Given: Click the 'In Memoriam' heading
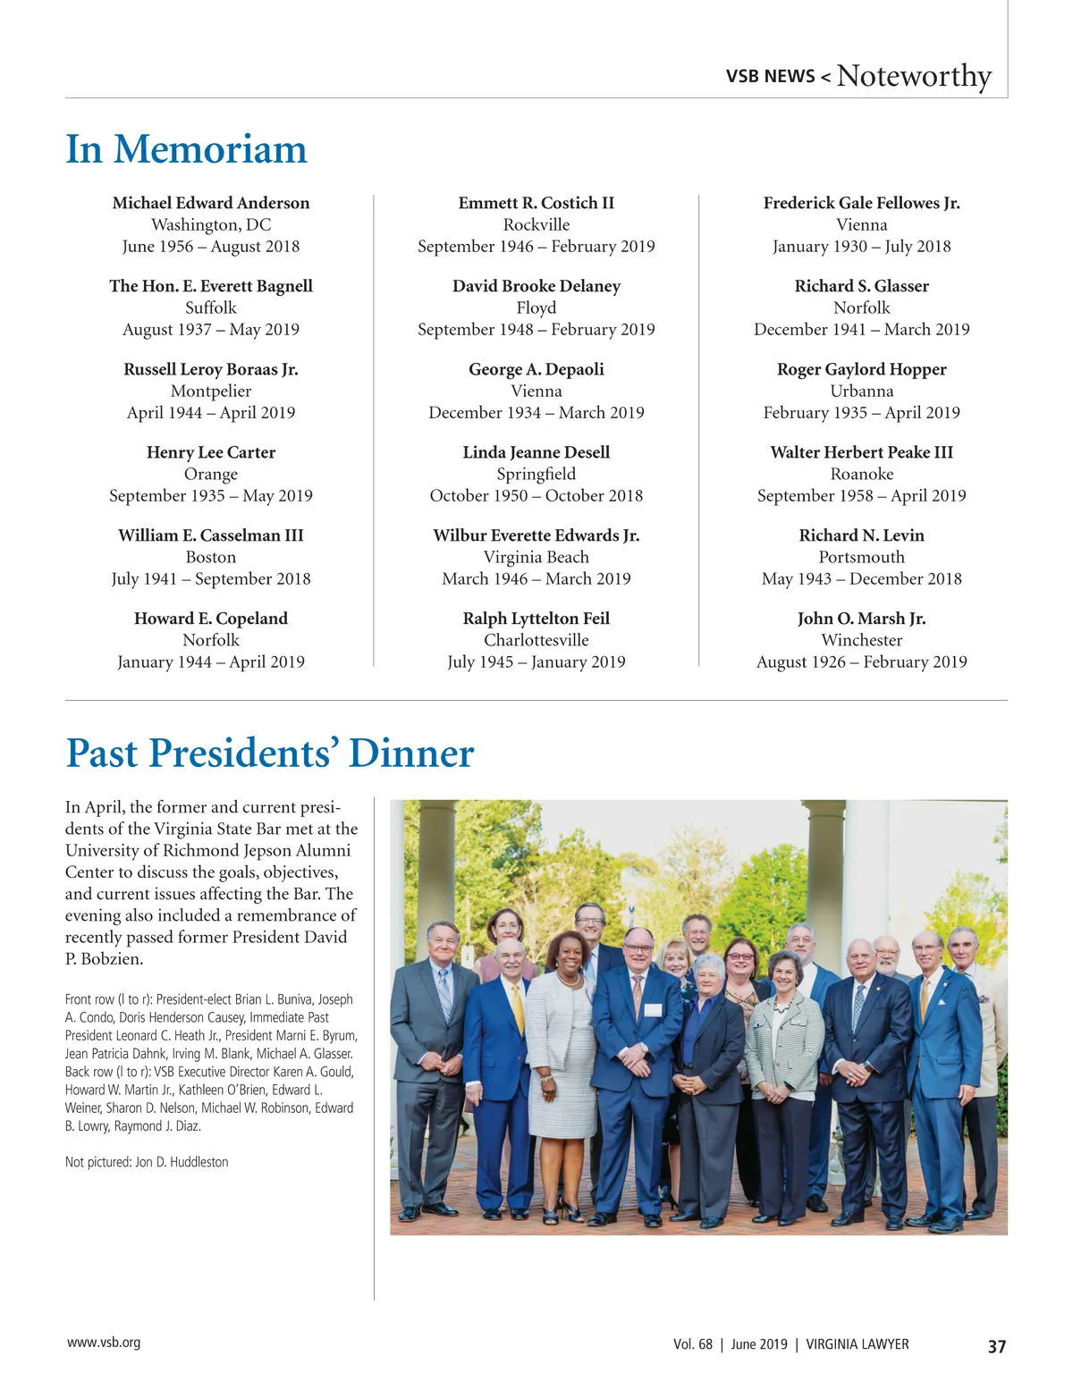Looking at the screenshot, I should click(186, 149).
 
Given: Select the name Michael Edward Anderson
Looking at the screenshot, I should click(211, 203).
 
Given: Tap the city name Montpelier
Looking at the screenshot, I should click(211, 391).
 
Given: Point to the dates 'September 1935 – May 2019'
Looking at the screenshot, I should click(211, 495).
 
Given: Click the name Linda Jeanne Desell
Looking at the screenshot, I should click(536, 452).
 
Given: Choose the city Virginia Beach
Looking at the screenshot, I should click(536, 557).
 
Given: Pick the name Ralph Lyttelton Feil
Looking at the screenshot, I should click(536, 619).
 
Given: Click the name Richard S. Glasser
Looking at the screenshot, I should click(862, 286).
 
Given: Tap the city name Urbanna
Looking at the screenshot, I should click(862, 391).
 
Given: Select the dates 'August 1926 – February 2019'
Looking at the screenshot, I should click(862, 661).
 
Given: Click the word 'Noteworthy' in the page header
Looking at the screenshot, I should click(914, 76).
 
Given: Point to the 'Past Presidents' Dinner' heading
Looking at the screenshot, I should click(270, 753).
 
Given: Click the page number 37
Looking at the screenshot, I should click(997, 1346).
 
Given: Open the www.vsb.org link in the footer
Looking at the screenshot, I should click(104, 1343).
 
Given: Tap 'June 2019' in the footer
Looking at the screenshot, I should click(759, 1344).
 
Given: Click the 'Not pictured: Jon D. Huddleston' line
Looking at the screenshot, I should click(147, 1162).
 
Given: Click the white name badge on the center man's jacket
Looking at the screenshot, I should click(653, 1010).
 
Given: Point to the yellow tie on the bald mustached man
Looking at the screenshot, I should click(518, 1006).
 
